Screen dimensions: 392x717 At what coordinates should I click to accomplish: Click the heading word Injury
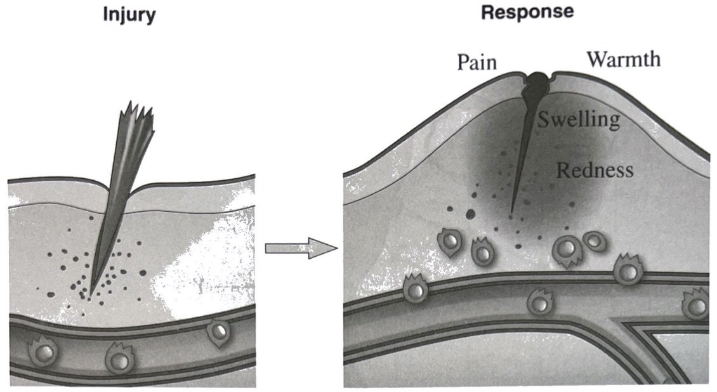(x=129, y=15)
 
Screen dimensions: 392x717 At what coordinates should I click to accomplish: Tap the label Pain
(x=477, y=62)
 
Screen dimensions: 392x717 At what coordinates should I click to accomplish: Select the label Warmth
(x=623, y=59)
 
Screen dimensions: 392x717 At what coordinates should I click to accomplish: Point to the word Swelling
(x=579, y=119)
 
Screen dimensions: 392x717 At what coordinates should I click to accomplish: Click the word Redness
(x=594, y=170)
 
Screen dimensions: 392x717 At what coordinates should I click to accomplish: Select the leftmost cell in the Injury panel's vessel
(x=42, y=351)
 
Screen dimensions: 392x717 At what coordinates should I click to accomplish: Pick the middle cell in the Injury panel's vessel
(x=118, y=359)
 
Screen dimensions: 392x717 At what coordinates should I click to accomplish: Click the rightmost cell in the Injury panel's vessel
(x=218, y=331)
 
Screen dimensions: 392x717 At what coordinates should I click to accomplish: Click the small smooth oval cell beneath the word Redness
(x=595, y=241)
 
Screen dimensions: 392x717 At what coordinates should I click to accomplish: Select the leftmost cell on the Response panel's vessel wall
(x=414, y=289)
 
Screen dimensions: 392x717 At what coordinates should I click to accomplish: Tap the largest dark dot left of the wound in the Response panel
(x=470, y=214)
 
